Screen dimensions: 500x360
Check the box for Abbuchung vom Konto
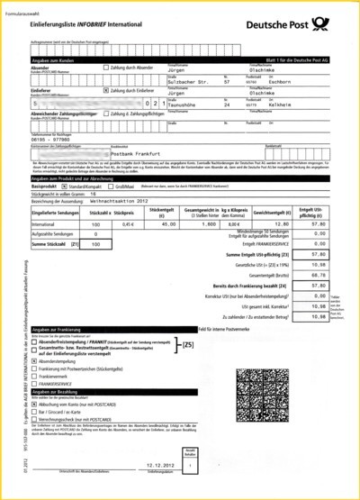pos(33,406)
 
